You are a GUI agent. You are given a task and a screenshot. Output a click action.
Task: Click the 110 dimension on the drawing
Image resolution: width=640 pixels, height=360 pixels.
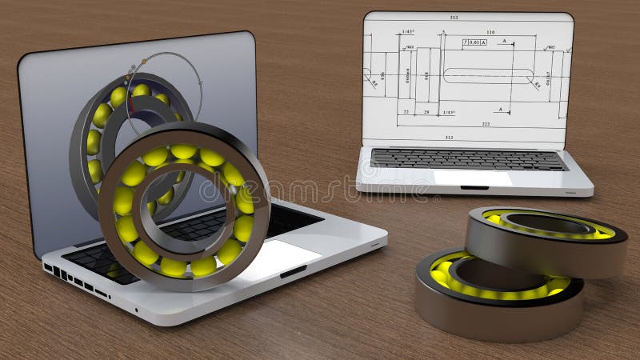click(x=490, y=33)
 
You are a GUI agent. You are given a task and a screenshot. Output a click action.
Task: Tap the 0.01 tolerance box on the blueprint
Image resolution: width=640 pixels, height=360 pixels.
click(x=474, y=42)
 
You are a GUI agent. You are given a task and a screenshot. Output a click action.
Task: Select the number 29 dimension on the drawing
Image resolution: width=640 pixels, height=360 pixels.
click(x=426, y=113)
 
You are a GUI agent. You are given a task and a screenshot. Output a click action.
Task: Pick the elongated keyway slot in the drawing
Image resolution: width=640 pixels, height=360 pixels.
click(x=488, y=75)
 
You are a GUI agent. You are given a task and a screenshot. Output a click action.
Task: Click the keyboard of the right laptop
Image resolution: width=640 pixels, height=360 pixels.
click(x=468, y=159)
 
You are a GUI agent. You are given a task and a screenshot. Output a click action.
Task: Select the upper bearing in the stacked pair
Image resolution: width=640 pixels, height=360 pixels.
click(x=546, y=238)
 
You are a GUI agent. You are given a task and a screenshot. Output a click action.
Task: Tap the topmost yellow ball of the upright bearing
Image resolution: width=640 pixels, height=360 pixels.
click(x=183, y=150)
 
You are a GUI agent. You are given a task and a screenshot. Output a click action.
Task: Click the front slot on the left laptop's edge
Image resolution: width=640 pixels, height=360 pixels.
click(x=293, y=271)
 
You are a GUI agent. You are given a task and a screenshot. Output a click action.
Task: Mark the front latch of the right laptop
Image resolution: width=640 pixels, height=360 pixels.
click(x=474, y=188)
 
